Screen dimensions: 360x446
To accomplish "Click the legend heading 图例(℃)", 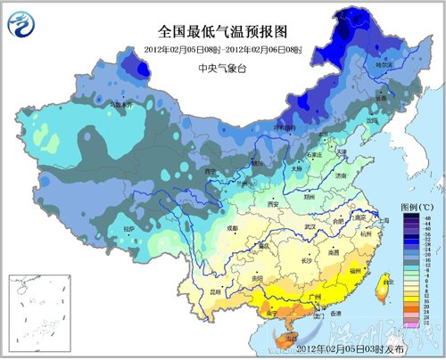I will click(413, 207).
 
